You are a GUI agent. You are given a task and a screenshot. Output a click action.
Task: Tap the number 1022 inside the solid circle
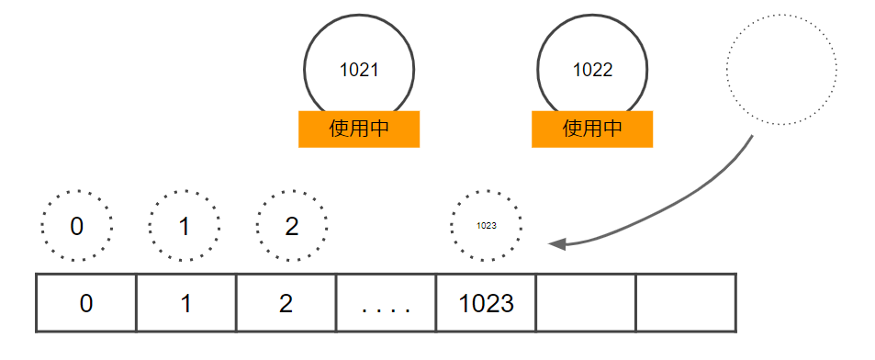592,70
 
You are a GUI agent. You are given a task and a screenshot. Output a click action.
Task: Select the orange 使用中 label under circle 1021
359,129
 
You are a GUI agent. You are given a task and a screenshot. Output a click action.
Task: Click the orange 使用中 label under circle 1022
592,129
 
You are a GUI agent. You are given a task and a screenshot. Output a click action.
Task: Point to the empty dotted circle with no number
781,70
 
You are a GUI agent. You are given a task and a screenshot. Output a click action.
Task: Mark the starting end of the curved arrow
752,137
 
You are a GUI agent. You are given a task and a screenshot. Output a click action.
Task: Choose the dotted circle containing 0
77,226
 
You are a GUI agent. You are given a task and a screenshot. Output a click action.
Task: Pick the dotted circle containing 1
185,226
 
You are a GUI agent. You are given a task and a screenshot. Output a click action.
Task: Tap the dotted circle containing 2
292,226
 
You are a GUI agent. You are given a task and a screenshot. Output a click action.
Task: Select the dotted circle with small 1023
487,226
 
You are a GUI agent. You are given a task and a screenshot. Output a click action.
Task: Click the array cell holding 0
86,303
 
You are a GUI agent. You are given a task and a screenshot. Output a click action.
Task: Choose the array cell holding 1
186,303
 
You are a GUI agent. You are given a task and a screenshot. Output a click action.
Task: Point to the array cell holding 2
286,303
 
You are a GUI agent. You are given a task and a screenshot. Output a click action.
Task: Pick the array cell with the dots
387,303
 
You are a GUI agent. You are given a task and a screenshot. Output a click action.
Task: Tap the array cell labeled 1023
487,303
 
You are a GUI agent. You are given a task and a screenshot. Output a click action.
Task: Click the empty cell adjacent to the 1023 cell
587,303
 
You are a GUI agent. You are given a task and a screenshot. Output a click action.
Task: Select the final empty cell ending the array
686,303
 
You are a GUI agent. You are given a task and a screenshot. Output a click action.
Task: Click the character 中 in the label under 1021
378,129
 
